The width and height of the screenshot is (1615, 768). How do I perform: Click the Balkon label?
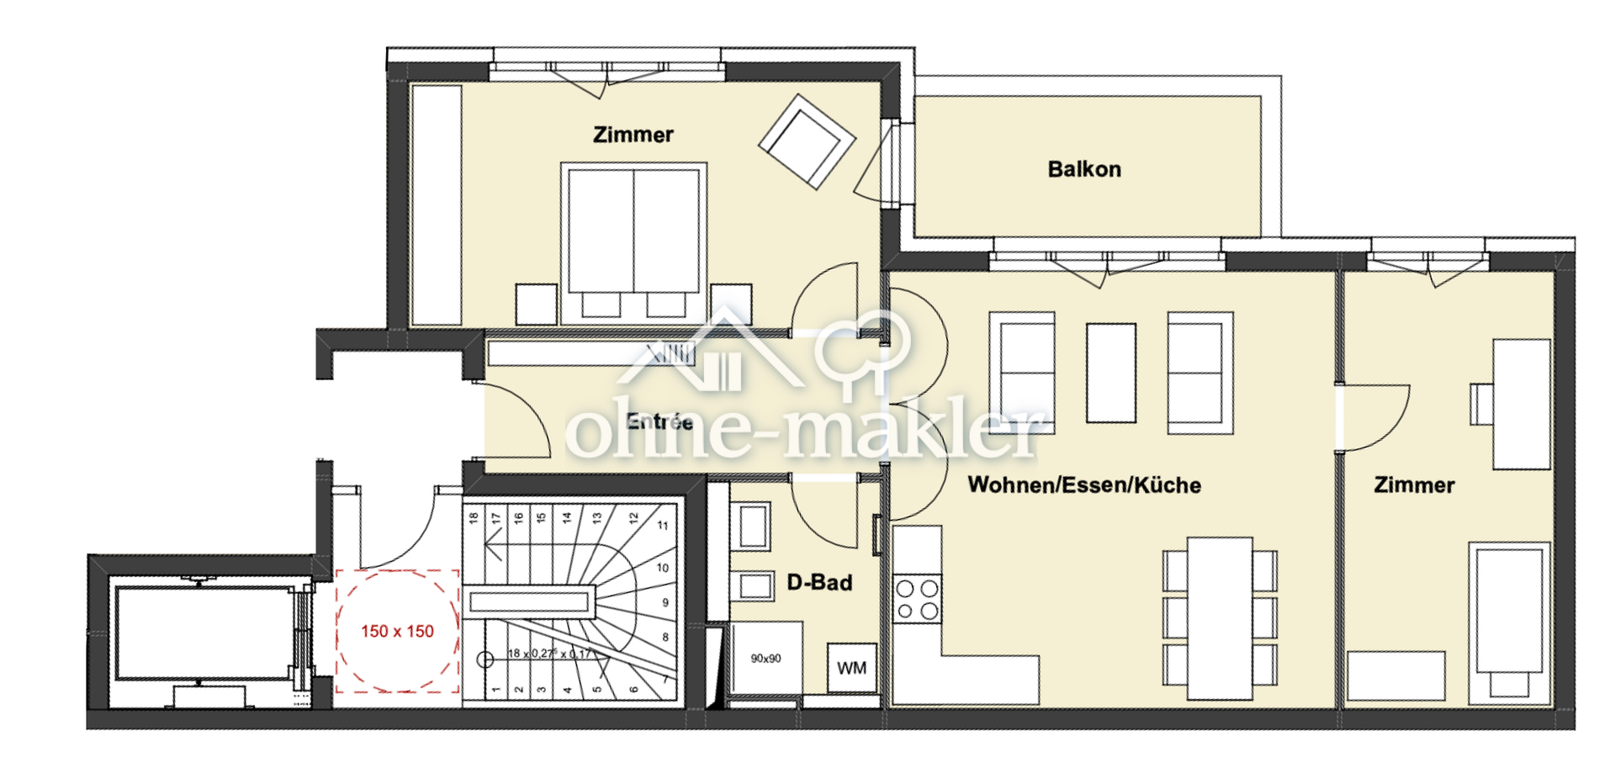tap(1084, 169)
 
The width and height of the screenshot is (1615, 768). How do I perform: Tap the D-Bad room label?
tap(819, 582)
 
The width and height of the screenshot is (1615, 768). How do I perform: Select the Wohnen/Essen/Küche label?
tap(1084, 485)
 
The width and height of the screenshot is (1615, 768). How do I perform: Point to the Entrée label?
tap(659, 421)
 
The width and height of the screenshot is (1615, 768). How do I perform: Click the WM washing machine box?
tap(851, 668)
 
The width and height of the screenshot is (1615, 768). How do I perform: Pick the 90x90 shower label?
tap(765, 659)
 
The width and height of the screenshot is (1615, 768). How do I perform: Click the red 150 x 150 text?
tap(397, 631)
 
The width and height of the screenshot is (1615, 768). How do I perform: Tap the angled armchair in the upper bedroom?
tap(807, 140)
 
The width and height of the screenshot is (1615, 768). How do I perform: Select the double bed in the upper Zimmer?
tap(633, 240)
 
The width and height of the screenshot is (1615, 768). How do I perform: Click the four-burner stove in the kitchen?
tap(917, 600)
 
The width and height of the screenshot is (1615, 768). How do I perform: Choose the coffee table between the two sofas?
tap(1110, 373)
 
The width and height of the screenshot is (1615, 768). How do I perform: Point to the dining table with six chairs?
tap(1220, 618)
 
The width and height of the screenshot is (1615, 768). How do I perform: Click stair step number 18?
tap(474, 518)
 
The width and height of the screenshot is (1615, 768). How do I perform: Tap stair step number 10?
tap(663, 568)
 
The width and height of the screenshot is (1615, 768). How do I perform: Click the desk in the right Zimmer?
tap(1521, 404)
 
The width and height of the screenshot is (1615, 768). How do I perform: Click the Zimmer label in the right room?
tap(1414, 485)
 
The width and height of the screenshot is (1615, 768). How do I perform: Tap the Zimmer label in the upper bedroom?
tap(633, 135)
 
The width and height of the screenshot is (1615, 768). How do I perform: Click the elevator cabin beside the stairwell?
tap(202, 633)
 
